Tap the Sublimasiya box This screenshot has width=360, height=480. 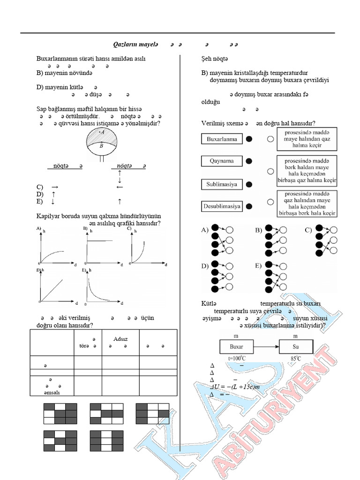click(x=222, y=184)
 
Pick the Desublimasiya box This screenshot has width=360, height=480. click(x=222, y=206)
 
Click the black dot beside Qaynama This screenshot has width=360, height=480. click(x=249, y=161)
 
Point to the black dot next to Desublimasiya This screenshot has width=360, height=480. click(x=249, y=206)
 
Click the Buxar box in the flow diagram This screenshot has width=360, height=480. click(x=236, y=347)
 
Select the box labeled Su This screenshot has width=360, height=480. click(x=295, y=347)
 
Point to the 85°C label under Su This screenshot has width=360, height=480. click(x=295, y=359)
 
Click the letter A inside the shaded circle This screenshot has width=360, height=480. click(x=102, y=133)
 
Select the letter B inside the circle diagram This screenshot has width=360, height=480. click(x=102, y=146)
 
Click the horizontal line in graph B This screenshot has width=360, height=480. click(x=100, y=240)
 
